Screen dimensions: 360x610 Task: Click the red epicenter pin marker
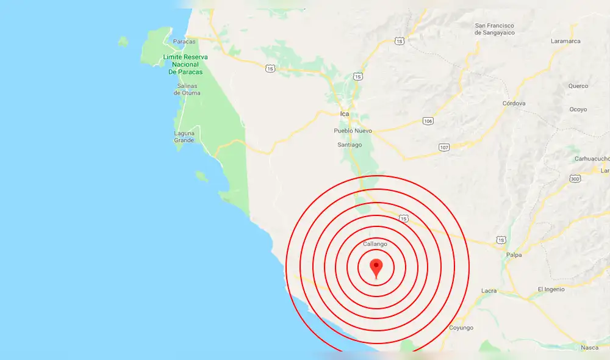tap(376, 267)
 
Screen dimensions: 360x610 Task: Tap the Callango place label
tap(375, 244)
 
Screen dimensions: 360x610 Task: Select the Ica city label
tap(345, 114)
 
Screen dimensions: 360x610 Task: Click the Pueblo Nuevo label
tap(353, 131)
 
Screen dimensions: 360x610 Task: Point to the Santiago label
tap(350, 145)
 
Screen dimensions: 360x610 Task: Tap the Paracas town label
tap(184, 41)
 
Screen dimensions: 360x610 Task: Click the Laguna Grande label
tap(184, 137)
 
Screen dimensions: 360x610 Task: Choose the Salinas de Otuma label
tap(187, 89)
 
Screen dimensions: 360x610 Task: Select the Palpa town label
tap(514, 255)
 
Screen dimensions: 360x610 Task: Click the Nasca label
tap(589, 347)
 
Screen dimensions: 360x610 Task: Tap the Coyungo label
tap(461, 328)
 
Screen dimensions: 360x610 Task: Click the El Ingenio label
tap(551, 289)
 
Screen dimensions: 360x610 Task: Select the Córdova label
tap(514, 104)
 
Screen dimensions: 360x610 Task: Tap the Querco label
tap(578, 86)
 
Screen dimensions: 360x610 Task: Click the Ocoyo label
tap(578, 109)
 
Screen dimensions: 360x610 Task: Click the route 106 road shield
tap(428, 121)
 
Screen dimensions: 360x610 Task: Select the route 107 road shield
tap(443, 148)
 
